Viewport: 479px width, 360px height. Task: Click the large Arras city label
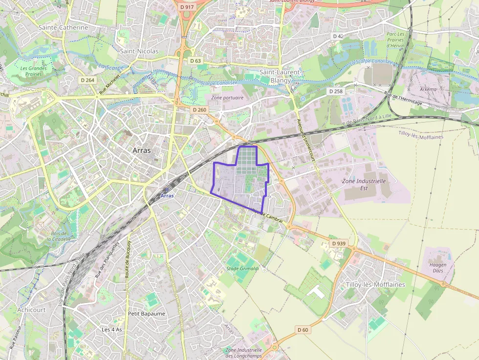coord(142,150)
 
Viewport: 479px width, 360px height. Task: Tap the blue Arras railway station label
coord(167,195)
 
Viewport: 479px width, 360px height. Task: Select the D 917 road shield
coord(187,7)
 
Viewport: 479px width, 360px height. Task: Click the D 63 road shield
coord(195,61)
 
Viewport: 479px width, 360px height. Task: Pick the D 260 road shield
coord(199,110)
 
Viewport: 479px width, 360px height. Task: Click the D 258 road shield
coord(336,91)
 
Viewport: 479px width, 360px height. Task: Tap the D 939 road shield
coord(338,243)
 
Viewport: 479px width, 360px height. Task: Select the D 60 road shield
coord(303,330)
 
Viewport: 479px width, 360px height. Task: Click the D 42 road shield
coord(338,36)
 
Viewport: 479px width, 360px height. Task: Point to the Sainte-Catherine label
coord(64,28)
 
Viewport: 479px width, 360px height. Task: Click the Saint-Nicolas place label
coord(139,51)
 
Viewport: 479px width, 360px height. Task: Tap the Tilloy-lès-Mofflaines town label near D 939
coord(375,284)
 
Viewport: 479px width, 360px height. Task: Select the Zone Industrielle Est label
coord(364,184)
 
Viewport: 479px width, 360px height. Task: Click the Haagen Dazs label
coord(437,268)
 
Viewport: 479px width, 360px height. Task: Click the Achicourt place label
coord(31,310)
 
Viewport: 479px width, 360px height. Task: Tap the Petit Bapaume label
coord(147,314)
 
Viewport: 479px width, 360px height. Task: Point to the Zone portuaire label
coord(227,98)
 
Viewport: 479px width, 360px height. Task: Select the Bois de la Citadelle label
coord(59,236)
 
